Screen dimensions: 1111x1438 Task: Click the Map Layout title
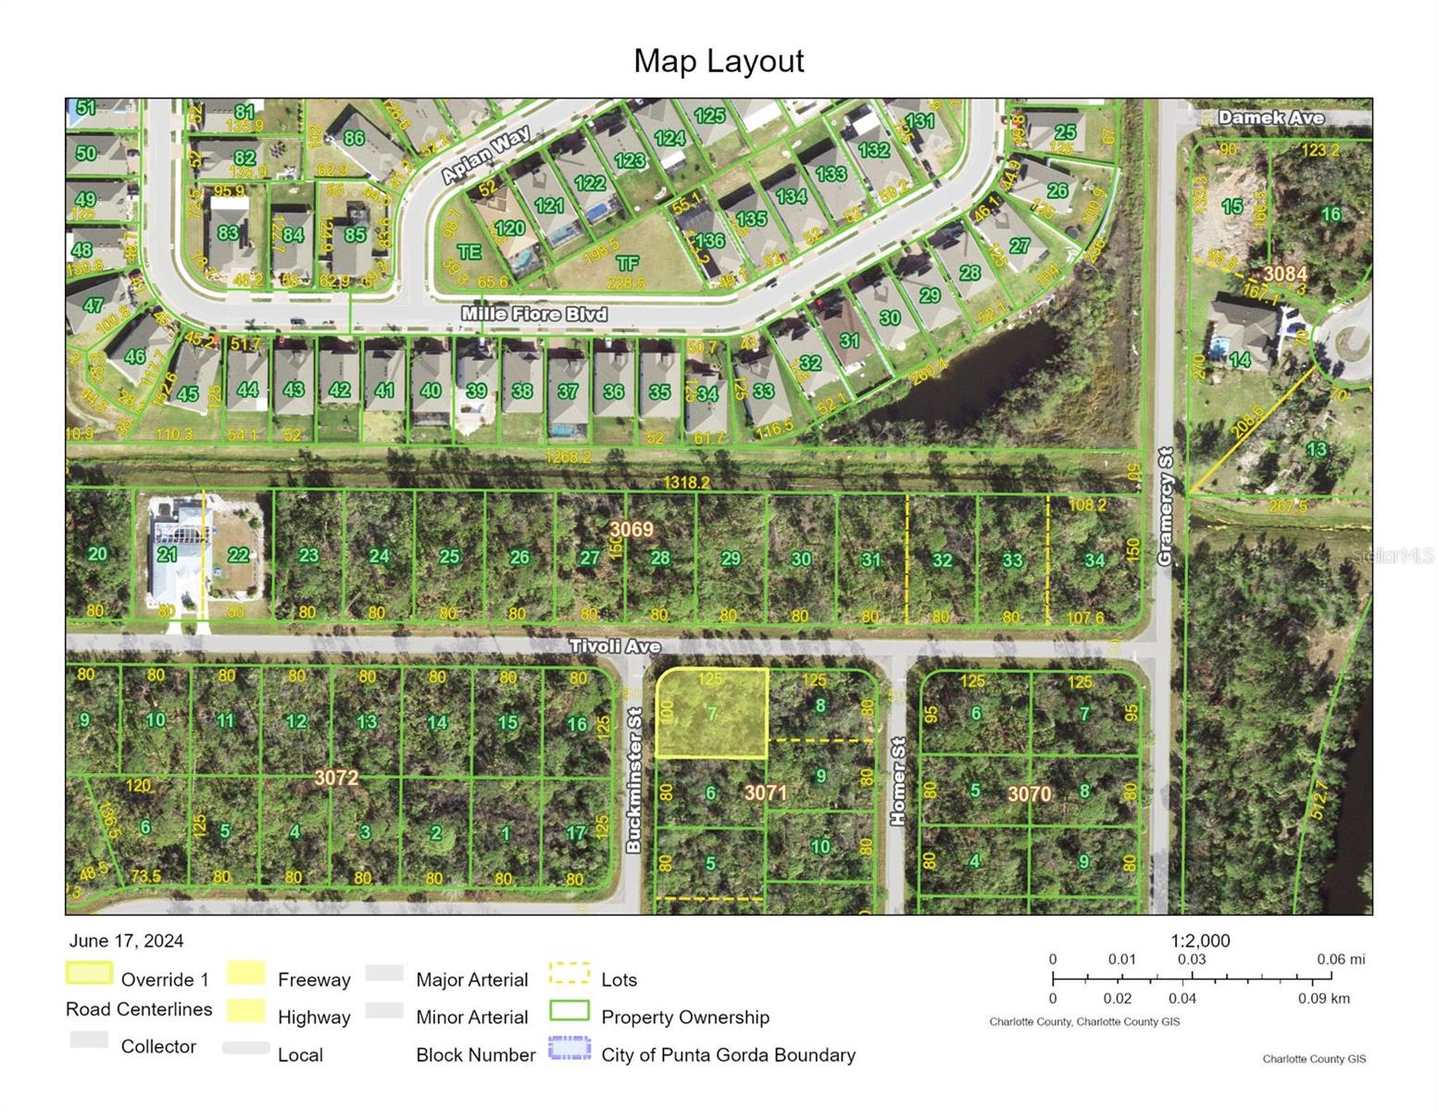click(719, 61)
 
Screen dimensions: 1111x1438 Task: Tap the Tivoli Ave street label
click(615, 646)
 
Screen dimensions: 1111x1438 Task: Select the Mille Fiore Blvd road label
click(534, 315)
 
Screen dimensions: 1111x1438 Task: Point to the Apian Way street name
click(485, 155)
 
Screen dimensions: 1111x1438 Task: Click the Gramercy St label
click(1165, 506)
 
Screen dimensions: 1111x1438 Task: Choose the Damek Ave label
click(1270, 118)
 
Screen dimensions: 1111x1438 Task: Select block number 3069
click(631, 530)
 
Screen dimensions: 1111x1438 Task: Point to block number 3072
click(335, 778)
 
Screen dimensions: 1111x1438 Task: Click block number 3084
click(1285, 273)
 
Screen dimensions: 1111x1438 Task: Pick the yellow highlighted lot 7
click(711, 713)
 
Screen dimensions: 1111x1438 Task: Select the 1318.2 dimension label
click(686, 483)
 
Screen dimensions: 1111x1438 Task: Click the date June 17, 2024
click(126, 941)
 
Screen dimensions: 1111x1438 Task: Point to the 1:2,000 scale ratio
click(1200, 941)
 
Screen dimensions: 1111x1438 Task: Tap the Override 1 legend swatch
click(89, 974)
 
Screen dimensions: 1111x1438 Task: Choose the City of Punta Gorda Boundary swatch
click(569, 1049)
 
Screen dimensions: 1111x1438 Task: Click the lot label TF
click(628, 264)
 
